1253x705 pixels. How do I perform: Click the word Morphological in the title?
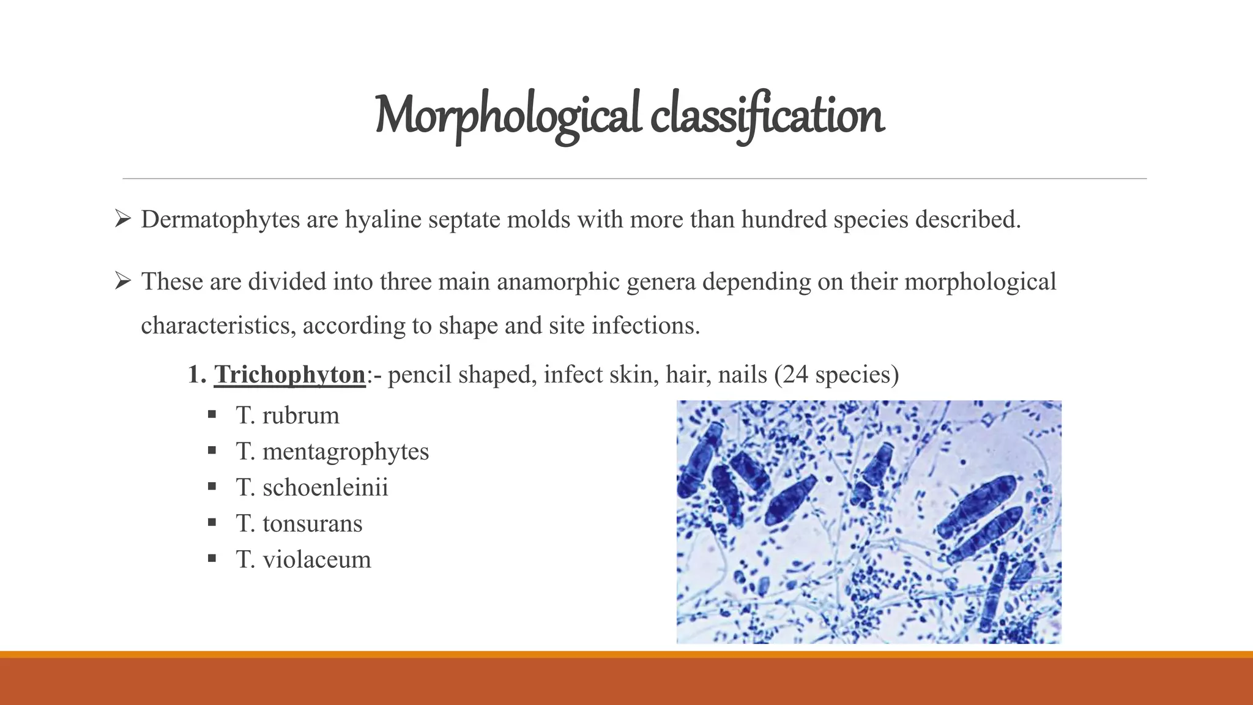point(508,116)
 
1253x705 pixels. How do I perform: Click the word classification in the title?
point(767,116)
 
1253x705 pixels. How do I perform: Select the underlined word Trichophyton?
point(289,375)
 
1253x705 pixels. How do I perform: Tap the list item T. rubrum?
point(288,416)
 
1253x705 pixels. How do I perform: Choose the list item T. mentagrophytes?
point(332,452)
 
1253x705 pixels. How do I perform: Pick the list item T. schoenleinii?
point(312,488)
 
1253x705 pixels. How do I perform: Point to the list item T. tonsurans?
point(299,524)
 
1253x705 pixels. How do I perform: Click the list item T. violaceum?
point(303,560)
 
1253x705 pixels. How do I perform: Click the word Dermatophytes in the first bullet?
point(220,220)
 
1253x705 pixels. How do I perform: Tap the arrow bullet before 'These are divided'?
point(123,282)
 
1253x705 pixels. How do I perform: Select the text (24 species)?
point(836,375)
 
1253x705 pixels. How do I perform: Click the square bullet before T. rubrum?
point(212,416)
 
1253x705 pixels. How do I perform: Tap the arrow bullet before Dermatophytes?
point(123,219)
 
